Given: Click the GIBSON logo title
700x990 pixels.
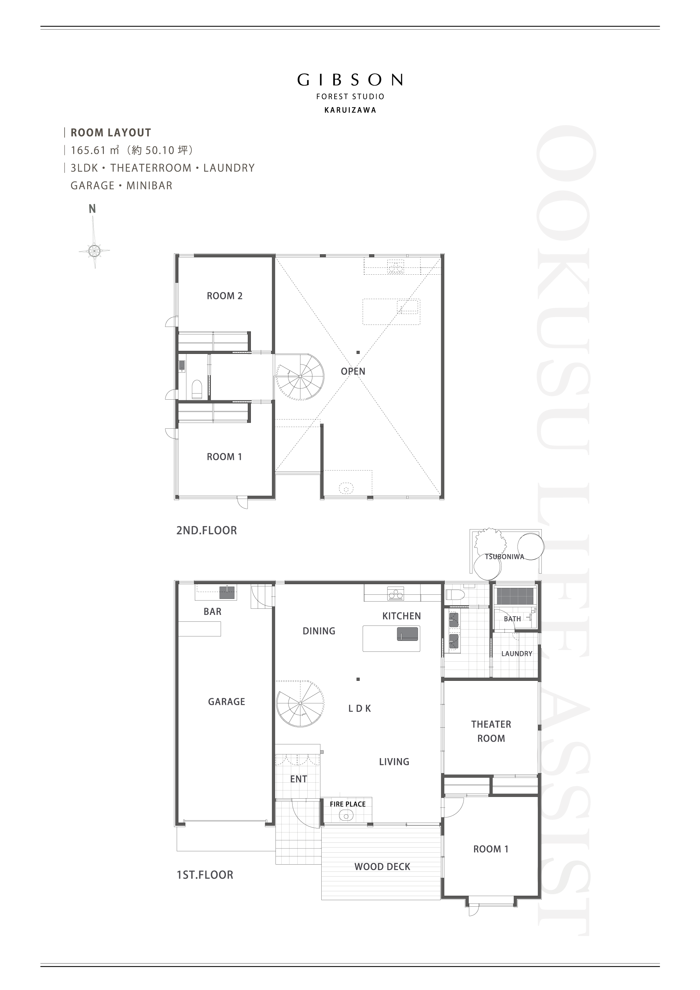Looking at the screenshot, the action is pyautogui.click(x=350, y=80).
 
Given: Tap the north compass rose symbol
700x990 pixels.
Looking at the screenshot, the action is pyautogui.click(x=94, y=250).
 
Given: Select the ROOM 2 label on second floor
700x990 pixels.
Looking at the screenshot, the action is pyautogui.click(x=225, y=296).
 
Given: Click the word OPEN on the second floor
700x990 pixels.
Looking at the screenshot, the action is pyautogui.click(x=353, y=371).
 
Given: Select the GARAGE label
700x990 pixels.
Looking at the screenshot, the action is pyautogui.click(x=226, y=702).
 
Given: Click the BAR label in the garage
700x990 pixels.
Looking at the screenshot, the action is pyautogui.click(x=213, y=611).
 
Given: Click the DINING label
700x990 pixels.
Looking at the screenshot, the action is pyautogui.click(x=319, y=631).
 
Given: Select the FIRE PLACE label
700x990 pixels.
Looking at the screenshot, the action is pyautogui.click(x=348, y=804).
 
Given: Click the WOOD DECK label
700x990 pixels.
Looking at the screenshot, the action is pyautogui.click(x=382, y=867).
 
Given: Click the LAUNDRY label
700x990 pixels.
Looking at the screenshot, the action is pyautogui.click(x=517, y=654).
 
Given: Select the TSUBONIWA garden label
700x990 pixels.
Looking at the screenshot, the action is pyautogui.click(x=504, y=556).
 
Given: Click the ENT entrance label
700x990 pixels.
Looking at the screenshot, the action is pyautogui.click(x=298, y=779).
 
